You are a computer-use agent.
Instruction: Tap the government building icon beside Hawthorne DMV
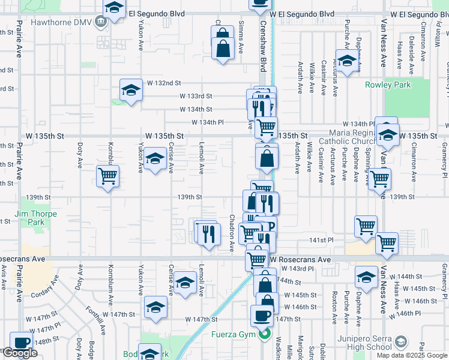pos(100,22)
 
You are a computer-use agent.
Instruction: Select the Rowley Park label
pos(388,85)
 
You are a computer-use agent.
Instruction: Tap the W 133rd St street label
pos(196,96)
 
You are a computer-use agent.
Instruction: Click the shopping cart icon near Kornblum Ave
pos(108,176)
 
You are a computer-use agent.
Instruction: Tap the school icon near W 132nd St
pos(131,90)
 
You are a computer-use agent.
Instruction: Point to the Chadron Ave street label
pos(232,232)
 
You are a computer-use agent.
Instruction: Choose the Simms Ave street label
pos(241,37)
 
